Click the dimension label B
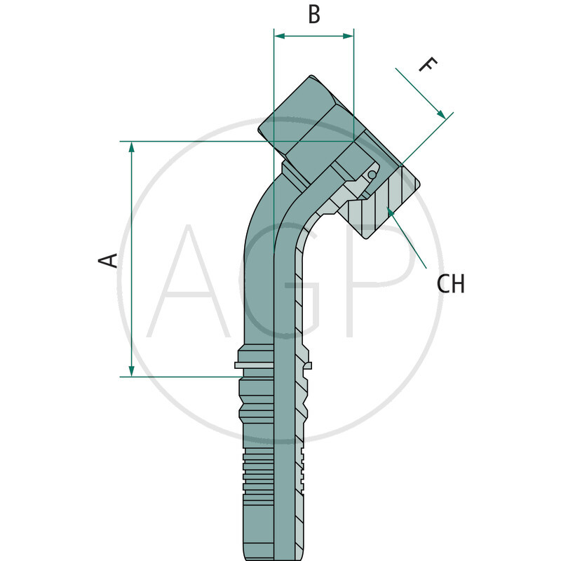click(314, 14)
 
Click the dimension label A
click(107, 260)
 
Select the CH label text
click(450, 284)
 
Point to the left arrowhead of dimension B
click(278, 34)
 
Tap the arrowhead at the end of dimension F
click(441, 114)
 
